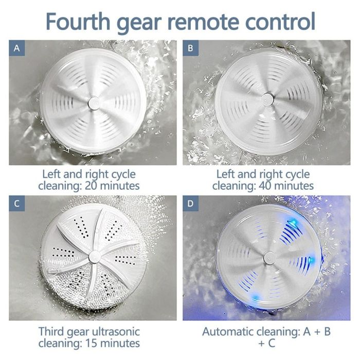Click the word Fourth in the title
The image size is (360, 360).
[x=78, y=21]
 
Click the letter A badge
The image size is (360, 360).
[x=17, y=48]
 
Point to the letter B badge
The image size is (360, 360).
[x=191, y=48]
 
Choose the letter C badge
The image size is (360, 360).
[x=17, y=204]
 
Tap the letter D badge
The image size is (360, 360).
[x=191, y=204]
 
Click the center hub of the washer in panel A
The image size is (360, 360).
[x=94, y=102]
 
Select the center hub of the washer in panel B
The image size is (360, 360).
[x=267, y=99]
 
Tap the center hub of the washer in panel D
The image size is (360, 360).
[x=269, y=258]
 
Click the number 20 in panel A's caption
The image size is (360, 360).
[x=92, y=186]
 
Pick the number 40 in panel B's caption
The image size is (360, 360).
[x=265, y=186]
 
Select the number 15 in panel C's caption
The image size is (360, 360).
[x=92, y=344]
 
